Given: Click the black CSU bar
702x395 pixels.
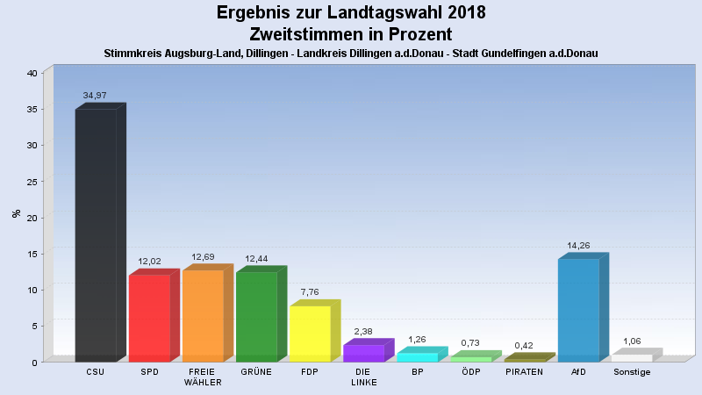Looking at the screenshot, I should (x=96, y=235).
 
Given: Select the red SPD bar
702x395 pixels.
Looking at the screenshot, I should (x=149, y=318).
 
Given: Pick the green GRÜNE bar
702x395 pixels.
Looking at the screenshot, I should (x=256, y=317).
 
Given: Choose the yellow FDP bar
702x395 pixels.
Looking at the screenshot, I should (x=310, y=334).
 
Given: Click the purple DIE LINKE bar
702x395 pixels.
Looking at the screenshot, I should (x=363, y=353).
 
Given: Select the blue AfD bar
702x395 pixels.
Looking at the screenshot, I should (x=578, y=310).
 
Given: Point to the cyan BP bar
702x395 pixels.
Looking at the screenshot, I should (x=417, y=357).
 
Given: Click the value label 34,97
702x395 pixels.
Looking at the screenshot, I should (x=95, y=95).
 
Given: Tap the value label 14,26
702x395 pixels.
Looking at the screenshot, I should (x=577, y=244).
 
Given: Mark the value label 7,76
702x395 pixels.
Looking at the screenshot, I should (x=310, y=291).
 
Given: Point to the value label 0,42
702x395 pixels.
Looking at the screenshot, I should (x=524, y=345).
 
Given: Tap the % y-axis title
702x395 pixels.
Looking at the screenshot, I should (x=15, y=213).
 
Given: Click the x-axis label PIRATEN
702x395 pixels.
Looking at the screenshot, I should (x=524, y=372).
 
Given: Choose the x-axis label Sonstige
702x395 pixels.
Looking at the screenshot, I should (x=632, y=372).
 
